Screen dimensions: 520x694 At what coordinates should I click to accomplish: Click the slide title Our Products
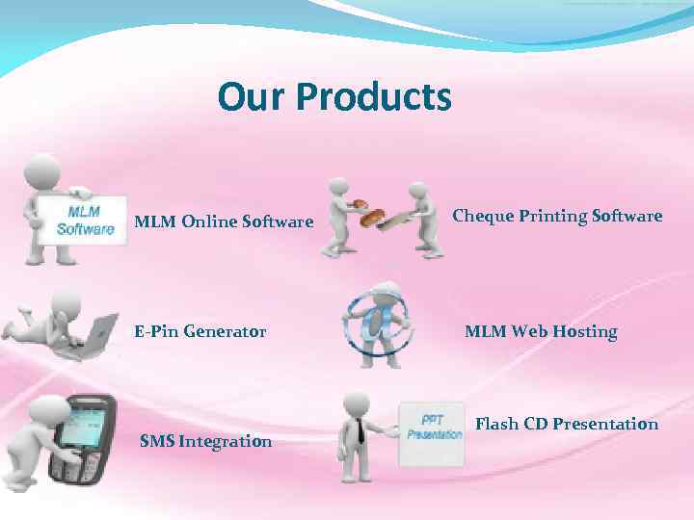pyautogui.click(x=334, y=96)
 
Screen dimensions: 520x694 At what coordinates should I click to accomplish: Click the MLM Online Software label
pyautogui.click(x=224, y=221)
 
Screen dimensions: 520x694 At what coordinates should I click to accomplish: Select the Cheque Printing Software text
pyautogui.click(x=557, y=216)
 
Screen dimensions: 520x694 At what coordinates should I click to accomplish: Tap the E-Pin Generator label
pyautogui.click(x=200, y=331)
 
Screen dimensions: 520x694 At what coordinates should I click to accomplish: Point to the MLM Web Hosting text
pyautogui.click(x=541, y=331)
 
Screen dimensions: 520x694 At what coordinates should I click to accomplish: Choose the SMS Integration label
pyautogui.click(x=205, y=442)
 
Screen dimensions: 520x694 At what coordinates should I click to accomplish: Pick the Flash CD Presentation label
pyautogui.click(x=567, y=424)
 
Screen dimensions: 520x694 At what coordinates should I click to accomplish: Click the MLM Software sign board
pyautogui.click(x=85, y=221)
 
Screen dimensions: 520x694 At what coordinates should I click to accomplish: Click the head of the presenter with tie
pyautogui.click(x=356, y=403)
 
